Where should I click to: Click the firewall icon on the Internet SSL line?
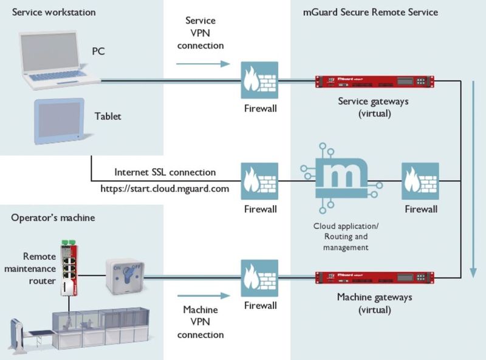point(259,180)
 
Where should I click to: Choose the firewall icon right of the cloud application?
point(420,180)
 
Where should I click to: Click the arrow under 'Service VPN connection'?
point(204,63)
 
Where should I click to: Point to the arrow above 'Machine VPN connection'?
point(204,296)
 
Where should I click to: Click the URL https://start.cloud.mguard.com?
point(165,189)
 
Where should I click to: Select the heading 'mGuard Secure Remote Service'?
point(370,12)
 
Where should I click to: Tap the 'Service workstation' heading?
point(54,12)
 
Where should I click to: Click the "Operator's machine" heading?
point(53,217)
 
